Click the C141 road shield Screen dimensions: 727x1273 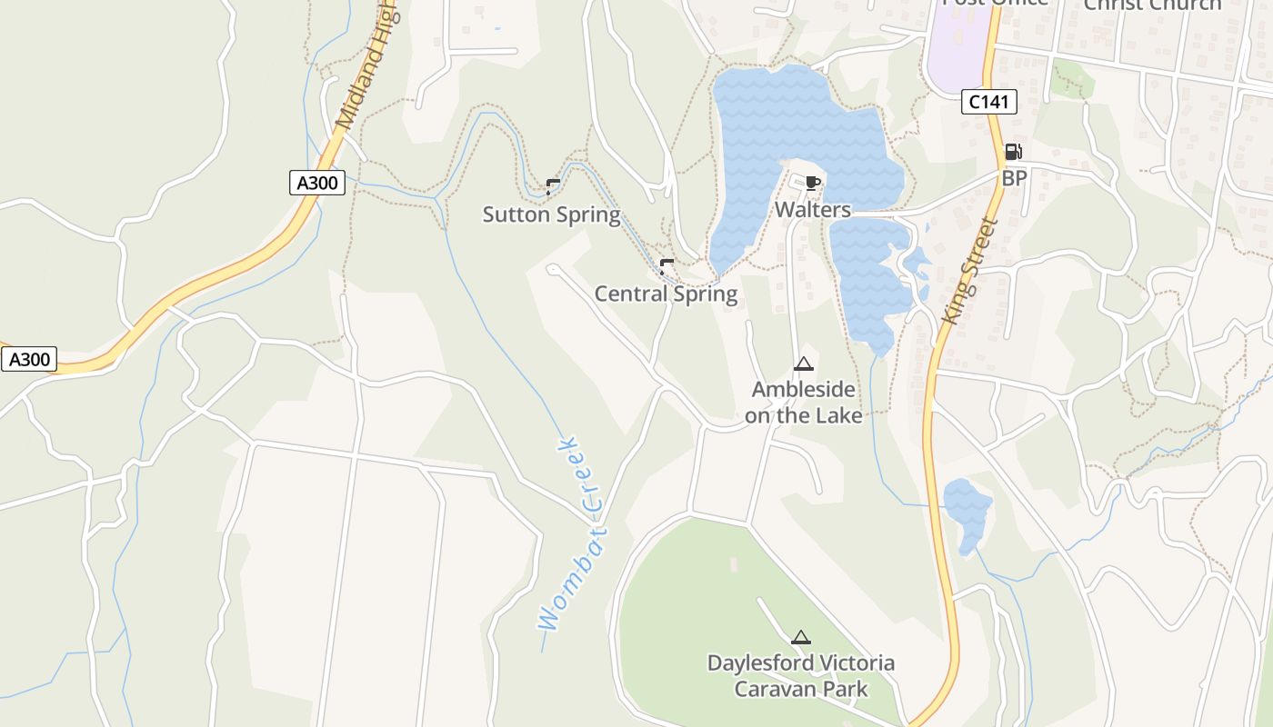click(988, 102)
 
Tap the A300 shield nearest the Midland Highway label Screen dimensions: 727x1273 click(317, 183)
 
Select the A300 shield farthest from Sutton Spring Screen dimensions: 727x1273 click(29, 359)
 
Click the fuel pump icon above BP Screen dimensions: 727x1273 click(1013, 152)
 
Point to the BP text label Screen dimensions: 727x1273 click(1014, 178)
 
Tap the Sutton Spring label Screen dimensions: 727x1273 click(551, 215)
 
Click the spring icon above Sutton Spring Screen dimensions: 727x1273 click(552, 187)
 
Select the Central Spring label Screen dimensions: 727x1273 click(666, 294)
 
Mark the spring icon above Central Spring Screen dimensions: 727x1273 click(667, 266)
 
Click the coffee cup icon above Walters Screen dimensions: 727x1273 click(812, 183)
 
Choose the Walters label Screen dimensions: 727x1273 click(812, 210)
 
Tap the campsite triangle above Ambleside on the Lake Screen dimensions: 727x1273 click(802, 364)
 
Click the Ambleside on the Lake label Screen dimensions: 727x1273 click(803, 403)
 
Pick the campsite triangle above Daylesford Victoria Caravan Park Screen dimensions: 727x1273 click(800, 637)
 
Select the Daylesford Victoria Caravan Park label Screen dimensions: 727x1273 click(800, 675)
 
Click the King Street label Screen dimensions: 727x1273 click(971, 271)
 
